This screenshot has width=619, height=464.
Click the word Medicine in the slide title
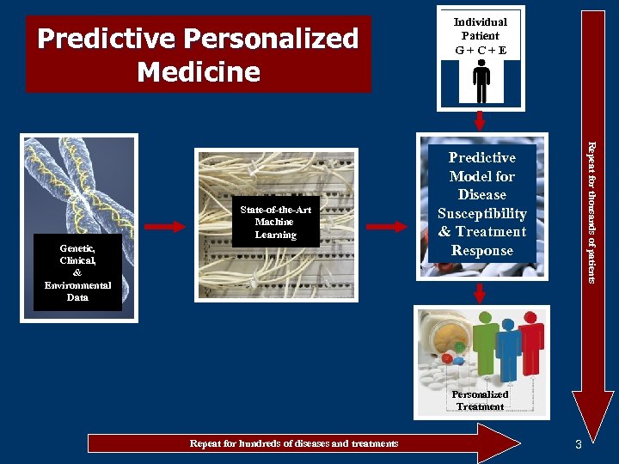click(199, 71)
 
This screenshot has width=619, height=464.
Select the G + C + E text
click(481, 50)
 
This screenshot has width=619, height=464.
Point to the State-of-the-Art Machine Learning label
click(275, 223)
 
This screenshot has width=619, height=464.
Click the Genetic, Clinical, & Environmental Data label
click(78, 272)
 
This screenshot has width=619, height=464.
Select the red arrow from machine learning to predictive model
click(391, 227)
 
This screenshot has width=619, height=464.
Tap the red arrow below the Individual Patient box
click(481, 121)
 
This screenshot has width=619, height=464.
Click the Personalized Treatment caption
click(481, 400)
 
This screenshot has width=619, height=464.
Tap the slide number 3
click(579, 444)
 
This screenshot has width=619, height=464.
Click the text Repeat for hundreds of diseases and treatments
click(294, 443)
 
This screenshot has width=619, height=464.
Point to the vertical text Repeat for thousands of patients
click(591, 211)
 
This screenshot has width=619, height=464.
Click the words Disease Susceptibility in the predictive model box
click(481, 204)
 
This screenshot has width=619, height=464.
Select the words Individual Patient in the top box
click(481, 28)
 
